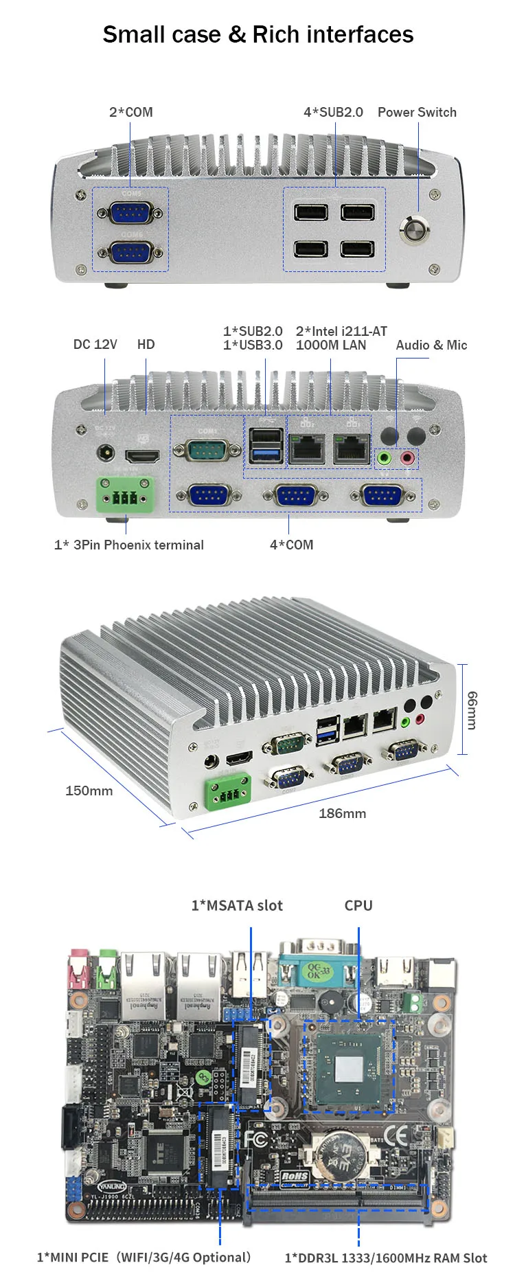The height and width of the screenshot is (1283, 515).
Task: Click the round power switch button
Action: click(416, 229)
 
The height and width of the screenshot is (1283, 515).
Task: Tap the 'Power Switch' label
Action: click(417, 112)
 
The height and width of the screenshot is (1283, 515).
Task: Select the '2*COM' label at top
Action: click(130, 112)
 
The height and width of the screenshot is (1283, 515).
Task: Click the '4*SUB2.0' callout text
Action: click(333, 112)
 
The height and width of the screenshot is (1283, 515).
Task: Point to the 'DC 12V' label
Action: click(95, 344)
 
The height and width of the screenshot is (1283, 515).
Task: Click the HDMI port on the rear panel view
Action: click(142, 455)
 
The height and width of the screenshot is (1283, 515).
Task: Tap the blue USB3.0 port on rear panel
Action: click(266, 454)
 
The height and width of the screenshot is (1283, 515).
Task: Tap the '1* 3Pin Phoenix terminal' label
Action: click(129, 545)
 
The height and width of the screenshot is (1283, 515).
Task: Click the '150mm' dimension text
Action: click(89, 791)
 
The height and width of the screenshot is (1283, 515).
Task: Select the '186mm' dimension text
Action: click(342, 813)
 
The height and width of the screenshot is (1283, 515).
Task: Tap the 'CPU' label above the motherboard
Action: click(358, 905)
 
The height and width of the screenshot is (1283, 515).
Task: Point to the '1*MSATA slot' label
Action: click(237, 905)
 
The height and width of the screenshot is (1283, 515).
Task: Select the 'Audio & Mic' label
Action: click(431, 345)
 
